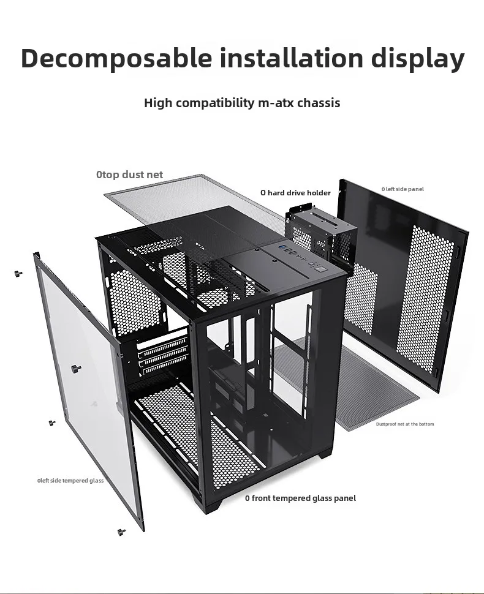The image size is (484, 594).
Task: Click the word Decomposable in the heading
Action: [116, 58]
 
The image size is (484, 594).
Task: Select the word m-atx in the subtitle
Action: [273, 103]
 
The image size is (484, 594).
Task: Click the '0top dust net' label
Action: [129, 175]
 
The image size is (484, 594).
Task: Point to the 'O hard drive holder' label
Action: [295, 193]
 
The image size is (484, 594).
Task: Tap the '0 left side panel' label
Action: [403, 189]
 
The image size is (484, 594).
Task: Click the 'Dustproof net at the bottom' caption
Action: [405, 424]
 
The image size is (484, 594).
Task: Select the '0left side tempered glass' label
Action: [70, 481]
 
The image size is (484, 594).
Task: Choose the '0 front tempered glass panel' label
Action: [300, 498]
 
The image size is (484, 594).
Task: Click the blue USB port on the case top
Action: [284, 249]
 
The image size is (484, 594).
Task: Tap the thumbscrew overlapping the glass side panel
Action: [76, 369]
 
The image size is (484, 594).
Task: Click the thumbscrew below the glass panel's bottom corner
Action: [121, 532]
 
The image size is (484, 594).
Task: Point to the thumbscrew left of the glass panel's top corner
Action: [18, 273]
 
